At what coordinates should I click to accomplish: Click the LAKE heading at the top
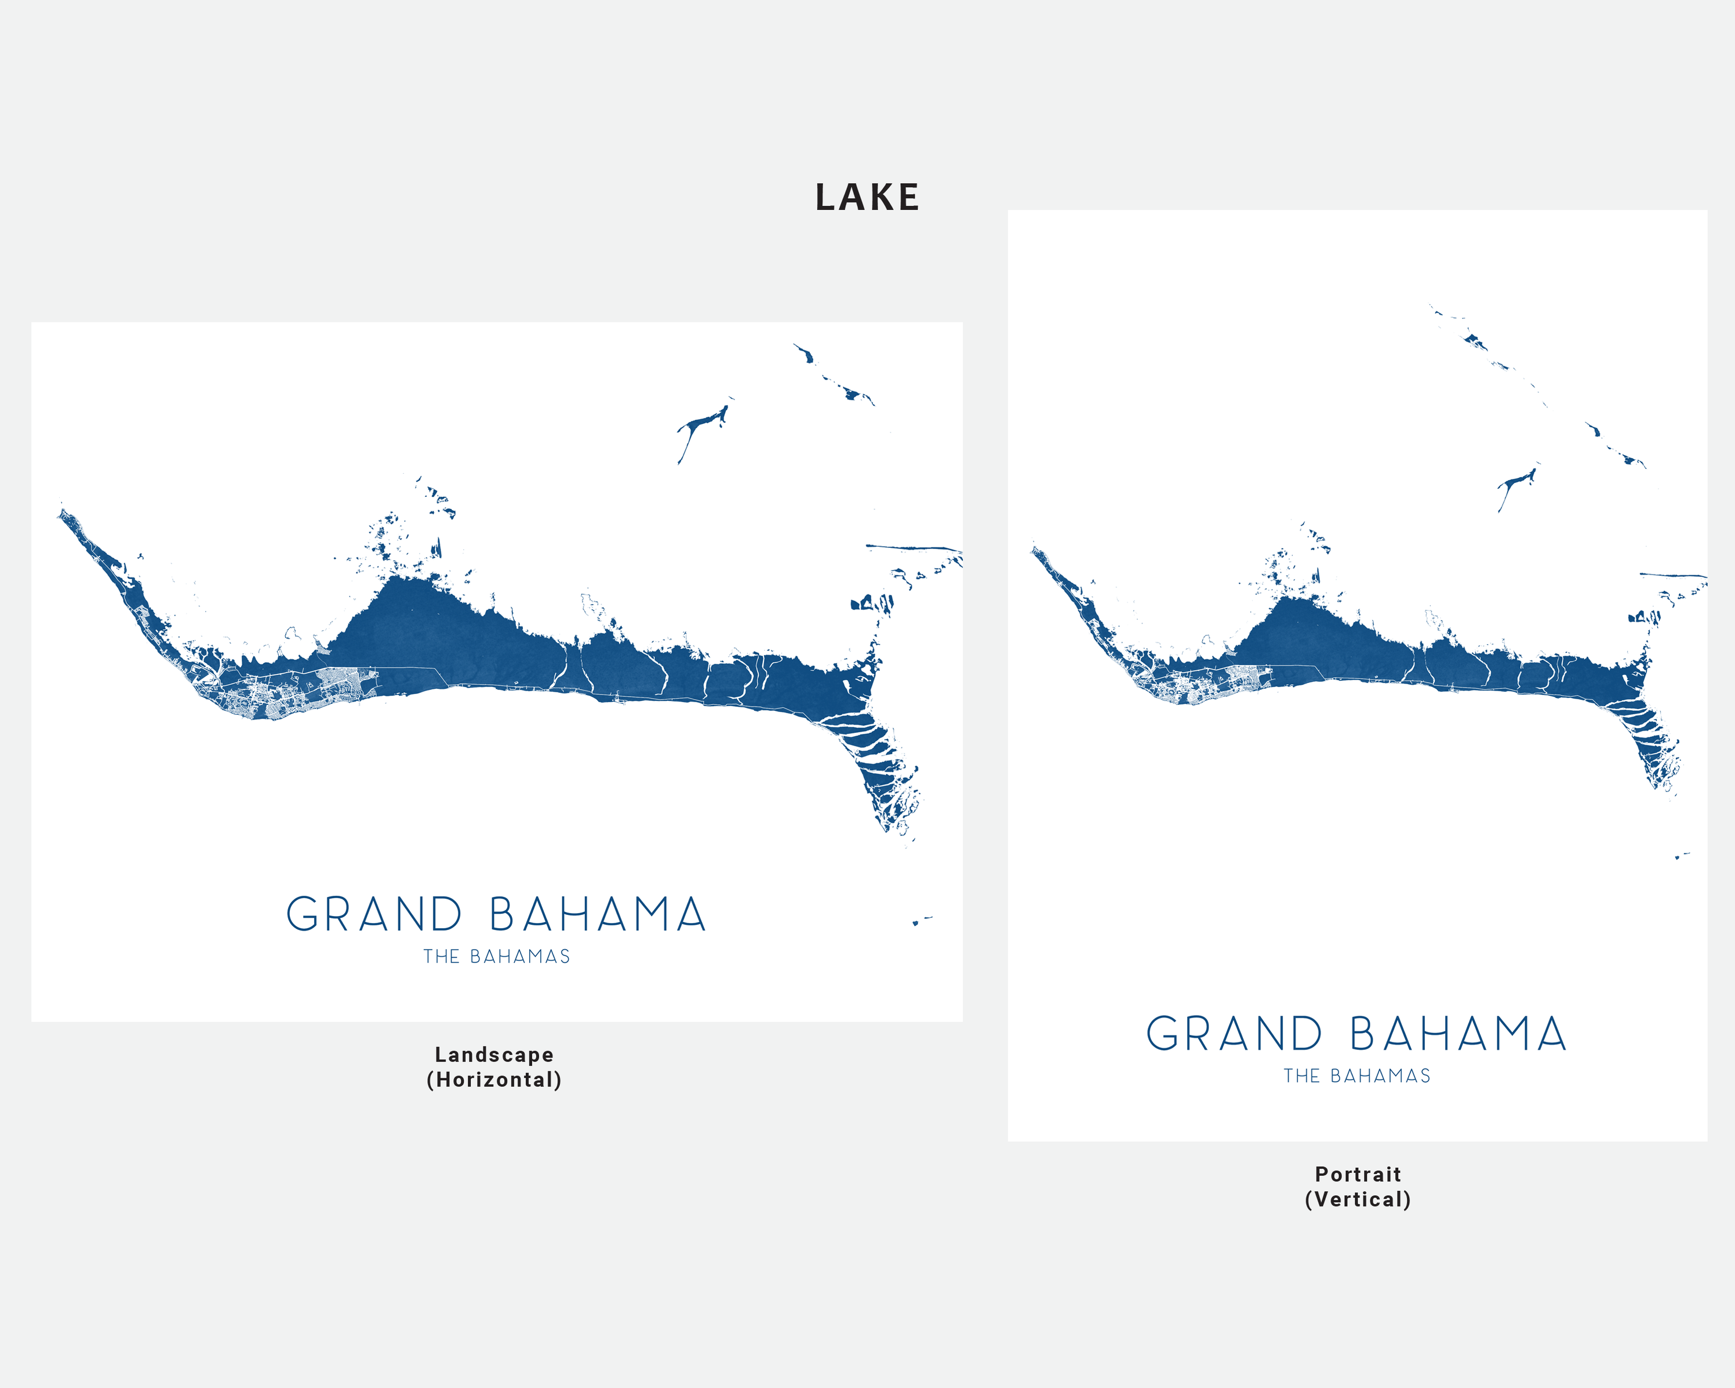867,197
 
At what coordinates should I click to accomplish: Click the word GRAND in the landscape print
374,915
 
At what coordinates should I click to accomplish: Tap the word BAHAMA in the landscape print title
597,915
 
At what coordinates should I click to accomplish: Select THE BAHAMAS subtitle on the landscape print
497,957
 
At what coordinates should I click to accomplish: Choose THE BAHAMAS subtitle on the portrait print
1357,1076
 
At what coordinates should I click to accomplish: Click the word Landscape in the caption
494,1055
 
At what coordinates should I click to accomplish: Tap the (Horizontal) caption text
494,1080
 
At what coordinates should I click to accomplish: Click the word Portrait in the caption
1358,1174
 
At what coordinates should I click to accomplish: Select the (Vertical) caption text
1358,1200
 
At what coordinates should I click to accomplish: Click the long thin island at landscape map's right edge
914,548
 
